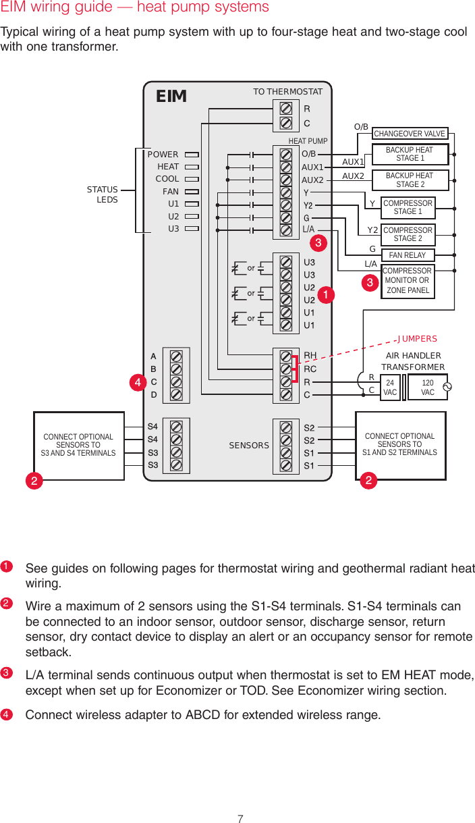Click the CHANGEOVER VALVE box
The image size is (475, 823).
pyautogui.click(x=410, y=134)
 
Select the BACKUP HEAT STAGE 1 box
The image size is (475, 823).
pyautogui.click(x=410, y=154)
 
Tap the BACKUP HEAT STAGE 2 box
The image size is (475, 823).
pyautogui.click(x=410, y=180)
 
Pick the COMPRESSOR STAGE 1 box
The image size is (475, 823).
pyautogui.click(x=408, y=207)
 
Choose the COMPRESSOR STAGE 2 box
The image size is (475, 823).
pyautogui.click(x=408, y=234)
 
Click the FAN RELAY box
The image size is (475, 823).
pyautogui.click(x=408, y=255)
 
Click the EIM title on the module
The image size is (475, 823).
pyautogui.click(x=171, y=97)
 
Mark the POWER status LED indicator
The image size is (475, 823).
pyautogui.click(x=191, y=155)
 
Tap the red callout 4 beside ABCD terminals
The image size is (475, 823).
pyautogui.click(x=138, y=383)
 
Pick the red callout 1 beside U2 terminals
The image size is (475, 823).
pyautogui.click(x=327, y=295)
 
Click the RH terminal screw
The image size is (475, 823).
pyautogui.click(x=285, y=356)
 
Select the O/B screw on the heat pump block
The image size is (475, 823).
pyautogui.click(x=285, y=155)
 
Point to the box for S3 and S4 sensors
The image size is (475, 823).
pyautogui.click(x=78, y=446)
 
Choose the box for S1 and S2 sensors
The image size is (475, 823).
pyautogui.click(x=400, y=445)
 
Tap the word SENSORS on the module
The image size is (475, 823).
pyautogui.click(x=249, y=446)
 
